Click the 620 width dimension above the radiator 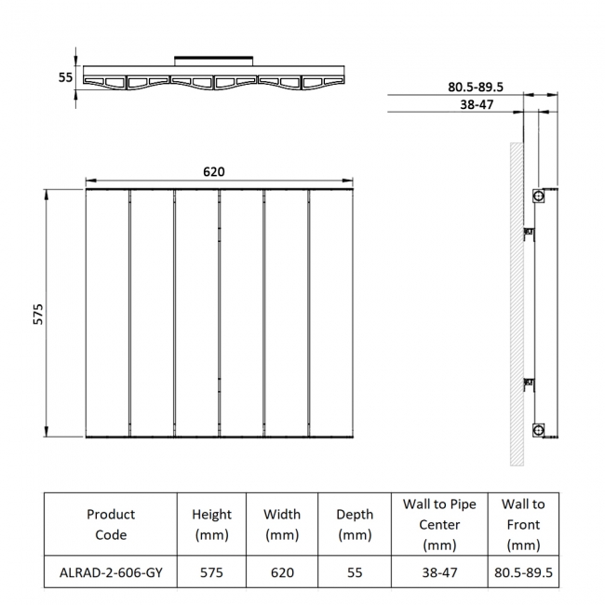coord(214,172)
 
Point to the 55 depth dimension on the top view coord(65,78)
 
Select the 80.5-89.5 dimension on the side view coord(475,87)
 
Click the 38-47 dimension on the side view coord(476,105)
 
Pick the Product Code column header coord(111,524)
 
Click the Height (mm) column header coord(211,524)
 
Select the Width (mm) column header coord(282,524)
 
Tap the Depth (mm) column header coord(355,524)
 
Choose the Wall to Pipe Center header coord(439,524)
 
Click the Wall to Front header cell coord(524,524)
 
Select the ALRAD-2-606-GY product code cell coord(111,572)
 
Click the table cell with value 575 coord(211,572)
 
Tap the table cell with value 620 coord(282,572)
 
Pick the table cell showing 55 coord(355,572)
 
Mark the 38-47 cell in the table coord(439,572)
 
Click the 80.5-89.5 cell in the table coord(524,572)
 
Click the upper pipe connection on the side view coord(537,196)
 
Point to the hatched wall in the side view coord(516,307)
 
